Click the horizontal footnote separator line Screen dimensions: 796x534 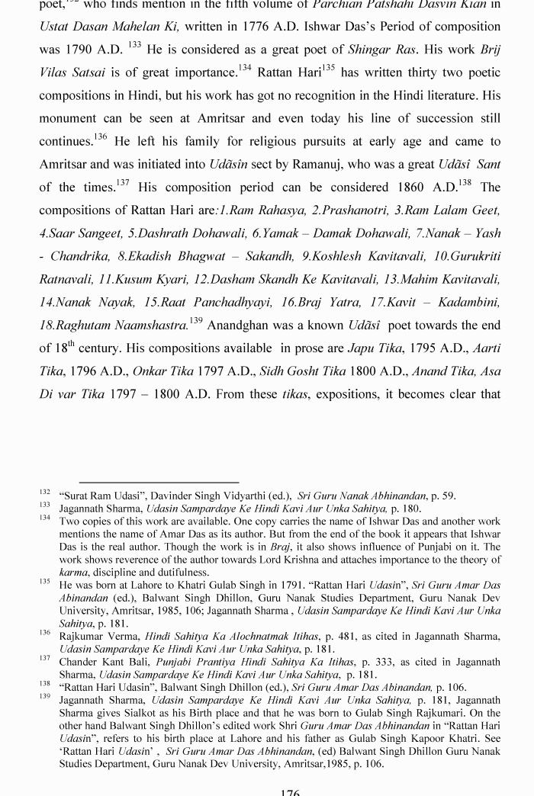(x=159, y=482)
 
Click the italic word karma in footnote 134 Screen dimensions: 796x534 (x=73, y=573)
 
